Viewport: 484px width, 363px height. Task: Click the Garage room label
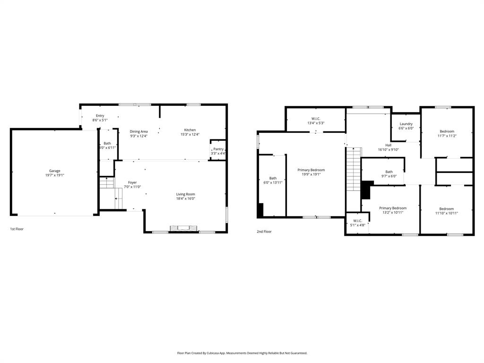tap(55, 171)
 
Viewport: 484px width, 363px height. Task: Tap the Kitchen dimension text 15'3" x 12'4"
tap(190, 135)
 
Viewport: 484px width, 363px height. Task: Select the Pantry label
tap(218, 149)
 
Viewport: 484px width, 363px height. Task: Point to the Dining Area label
tap(139, 131)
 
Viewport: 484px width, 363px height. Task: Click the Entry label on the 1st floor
tap(100, 116)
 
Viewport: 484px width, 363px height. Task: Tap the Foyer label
tap(132, 182)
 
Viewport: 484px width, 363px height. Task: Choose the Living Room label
tap(185, 194)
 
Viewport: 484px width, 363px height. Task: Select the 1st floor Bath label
tap(107, 143)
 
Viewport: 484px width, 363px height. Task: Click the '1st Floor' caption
tap(17, 229)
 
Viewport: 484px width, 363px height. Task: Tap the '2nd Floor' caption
tap(264, 232)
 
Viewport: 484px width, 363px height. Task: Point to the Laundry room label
tap(406, 124)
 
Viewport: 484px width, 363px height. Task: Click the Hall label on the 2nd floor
tap(388, 145)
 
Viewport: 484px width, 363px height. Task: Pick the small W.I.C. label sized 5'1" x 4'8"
tap(357, 220)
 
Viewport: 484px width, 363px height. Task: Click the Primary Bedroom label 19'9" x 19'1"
tap(311, 170)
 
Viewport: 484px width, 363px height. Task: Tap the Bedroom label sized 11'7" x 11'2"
tap(447, 131)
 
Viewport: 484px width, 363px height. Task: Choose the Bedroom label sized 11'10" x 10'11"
tap(446, 209)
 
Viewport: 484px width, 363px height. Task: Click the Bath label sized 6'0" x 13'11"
tap(273, 178)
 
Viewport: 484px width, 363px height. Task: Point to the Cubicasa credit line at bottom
tap(242, 353)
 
